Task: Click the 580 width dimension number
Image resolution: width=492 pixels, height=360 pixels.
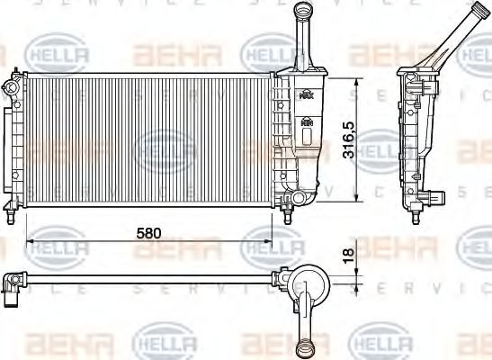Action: point(148,232)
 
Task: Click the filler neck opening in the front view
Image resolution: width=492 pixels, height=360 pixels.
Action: point(300,8)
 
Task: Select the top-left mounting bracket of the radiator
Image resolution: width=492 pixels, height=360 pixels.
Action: point(12,87)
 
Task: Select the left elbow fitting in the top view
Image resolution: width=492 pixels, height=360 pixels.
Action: point(12,286)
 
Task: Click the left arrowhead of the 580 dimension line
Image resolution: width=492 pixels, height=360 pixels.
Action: point(31,241)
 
